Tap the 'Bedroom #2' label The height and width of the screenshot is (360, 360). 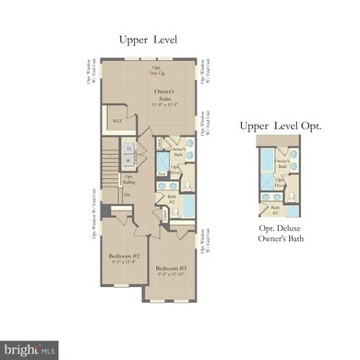(122, 256)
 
